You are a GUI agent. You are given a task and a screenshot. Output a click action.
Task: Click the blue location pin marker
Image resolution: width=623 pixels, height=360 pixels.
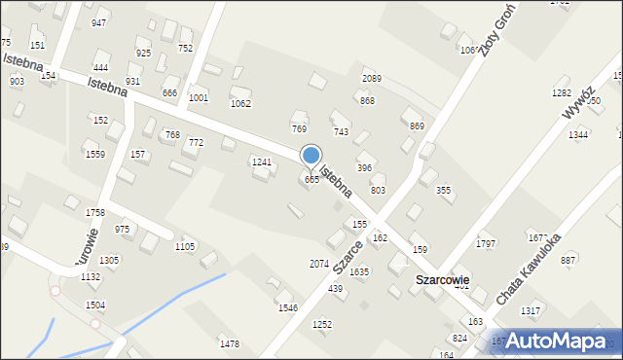point(311,156)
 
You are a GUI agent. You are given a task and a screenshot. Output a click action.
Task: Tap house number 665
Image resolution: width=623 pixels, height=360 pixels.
point(311,180)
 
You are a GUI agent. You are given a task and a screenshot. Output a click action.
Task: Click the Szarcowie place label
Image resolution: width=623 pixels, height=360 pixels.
point(443,279)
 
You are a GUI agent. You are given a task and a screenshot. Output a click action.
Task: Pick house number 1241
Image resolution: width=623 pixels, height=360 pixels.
point(262,162)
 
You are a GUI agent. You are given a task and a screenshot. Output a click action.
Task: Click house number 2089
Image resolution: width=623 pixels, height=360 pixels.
point(371,78)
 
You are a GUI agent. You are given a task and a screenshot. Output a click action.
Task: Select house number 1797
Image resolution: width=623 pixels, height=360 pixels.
point(486,243)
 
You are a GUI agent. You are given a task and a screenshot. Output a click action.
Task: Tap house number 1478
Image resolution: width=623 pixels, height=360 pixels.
point(230,344)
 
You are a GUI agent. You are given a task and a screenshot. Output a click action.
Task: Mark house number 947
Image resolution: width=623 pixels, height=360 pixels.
point(98,22)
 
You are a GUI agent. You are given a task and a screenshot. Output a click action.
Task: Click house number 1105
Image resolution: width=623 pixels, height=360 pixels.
point(184,246)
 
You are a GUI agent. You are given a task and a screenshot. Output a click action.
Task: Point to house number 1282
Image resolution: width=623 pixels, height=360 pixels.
point(562,92)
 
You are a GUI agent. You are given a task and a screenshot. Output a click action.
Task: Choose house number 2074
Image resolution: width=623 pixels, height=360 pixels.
point(318,264)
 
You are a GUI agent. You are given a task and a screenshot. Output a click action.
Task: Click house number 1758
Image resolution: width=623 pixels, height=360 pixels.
point(95,212)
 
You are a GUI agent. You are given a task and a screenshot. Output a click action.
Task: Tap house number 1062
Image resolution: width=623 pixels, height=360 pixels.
point(240,103)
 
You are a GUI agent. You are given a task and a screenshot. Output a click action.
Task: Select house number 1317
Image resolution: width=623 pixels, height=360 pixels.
point(531,310)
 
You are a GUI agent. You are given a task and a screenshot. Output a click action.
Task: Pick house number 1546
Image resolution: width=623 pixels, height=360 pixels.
point(288,307)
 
